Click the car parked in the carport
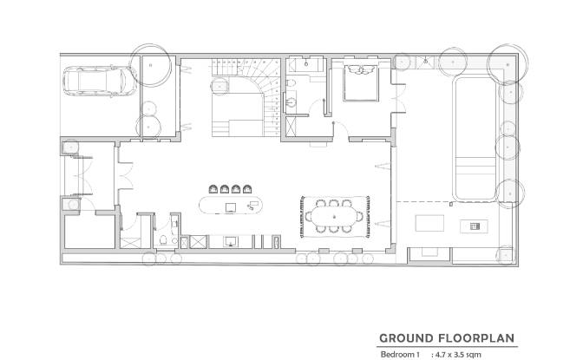[100, 82]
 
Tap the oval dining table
[333, 217]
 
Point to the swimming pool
[475, 138]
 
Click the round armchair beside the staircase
[219, 86]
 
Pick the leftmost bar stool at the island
[213, 189]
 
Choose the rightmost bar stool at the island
[247, 189]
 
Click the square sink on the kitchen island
[231, 208]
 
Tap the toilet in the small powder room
[163, 240]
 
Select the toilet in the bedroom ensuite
[291, 82]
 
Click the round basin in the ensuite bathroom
[291, 101]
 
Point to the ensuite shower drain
[306, 64]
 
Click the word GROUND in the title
[406, 338]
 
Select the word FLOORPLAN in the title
[476, 338]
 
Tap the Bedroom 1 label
[400, 355]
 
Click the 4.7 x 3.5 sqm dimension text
[458, 355]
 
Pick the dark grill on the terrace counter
[474, 226]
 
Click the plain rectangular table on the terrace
[429, 223]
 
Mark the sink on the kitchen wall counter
[231, 242]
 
